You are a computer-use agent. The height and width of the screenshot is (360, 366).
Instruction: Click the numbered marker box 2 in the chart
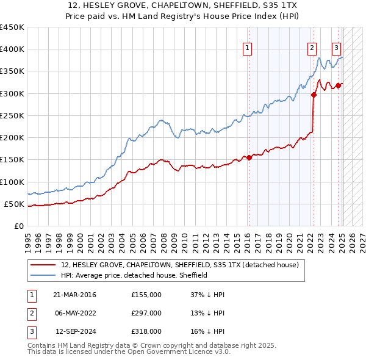pyautogui.click(x=312, y=48)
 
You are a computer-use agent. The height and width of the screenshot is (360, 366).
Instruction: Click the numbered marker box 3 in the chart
pyautogui.click(x=336, y=48)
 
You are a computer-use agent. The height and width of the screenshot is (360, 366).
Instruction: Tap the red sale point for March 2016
pyautogui.click(x=249, y=157)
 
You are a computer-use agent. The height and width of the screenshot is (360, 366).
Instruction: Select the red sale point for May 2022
pyautogui.click(x=314, y=95)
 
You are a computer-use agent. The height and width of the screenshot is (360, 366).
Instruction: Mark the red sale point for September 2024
pyautogui.click(x=338, y=85)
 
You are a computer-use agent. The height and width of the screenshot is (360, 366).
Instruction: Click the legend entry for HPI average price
pyautogui.click(x=134, y=275)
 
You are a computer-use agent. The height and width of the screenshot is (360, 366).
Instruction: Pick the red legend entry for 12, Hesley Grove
pyautogui.click(x=179, y=265)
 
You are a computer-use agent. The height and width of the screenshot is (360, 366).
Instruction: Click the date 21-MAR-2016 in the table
pyautogui.click(x=74, y=295)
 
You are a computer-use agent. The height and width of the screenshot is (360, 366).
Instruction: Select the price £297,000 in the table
pyautogui.click(x=146, y=313)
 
